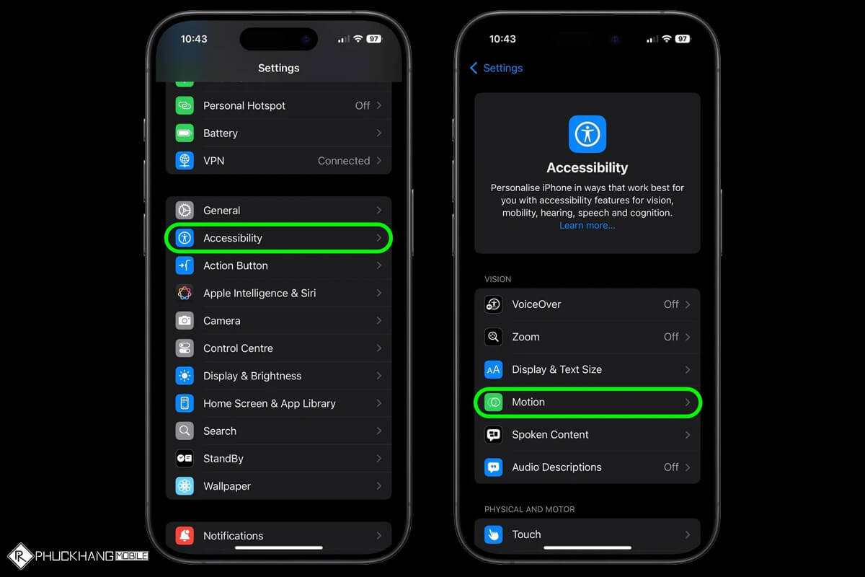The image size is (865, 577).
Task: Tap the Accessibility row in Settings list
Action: (278, 238)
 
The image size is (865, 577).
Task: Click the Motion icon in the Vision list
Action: (494, 402)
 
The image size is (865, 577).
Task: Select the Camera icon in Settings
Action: (185, 321)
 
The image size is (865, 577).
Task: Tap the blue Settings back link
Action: (497, 68)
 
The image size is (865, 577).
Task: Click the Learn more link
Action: (587, 226)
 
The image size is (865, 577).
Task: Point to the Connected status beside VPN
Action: (344, 161)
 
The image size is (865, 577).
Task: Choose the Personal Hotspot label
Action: (244, 105)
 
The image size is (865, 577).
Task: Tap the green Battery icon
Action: (185, 133)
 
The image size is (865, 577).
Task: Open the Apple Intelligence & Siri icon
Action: (185, 294)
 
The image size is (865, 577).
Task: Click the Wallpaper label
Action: (227, 486)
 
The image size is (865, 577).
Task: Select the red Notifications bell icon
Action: (185, 536)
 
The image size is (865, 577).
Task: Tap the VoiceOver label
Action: (536, 304)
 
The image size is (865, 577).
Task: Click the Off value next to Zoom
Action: (671, 337)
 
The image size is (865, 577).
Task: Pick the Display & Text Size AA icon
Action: (494, 370)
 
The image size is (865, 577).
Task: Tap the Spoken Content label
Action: (550, 435)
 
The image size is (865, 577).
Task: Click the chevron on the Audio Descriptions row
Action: (688, 467)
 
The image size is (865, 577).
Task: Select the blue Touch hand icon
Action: (494, 534)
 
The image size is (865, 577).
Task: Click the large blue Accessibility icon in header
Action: (587, 134)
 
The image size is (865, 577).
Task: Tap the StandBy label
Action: (223, 459)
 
